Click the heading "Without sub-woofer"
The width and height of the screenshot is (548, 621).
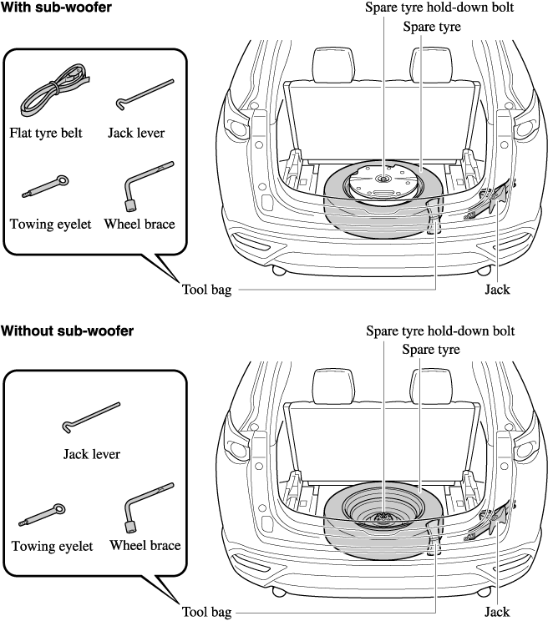(x=67, y=331)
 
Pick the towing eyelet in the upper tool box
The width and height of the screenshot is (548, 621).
(x=45, y=185)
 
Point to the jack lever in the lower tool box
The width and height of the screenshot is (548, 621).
(x=91, y=417)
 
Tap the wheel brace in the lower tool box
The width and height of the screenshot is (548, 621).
(x=147, y=507)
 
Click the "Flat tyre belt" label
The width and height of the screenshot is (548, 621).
(x=46, y=133)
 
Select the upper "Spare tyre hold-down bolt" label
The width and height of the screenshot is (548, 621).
(x=440, y=8)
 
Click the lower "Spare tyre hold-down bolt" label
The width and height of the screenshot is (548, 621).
(x=440, y=331)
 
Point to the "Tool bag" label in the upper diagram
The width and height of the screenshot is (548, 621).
(x=205, y=290)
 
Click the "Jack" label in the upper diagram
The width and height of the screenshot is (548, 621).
(x=497, y=290)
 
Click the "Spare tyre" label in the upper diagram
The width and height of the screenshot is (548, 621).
(x=432, y=27)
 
